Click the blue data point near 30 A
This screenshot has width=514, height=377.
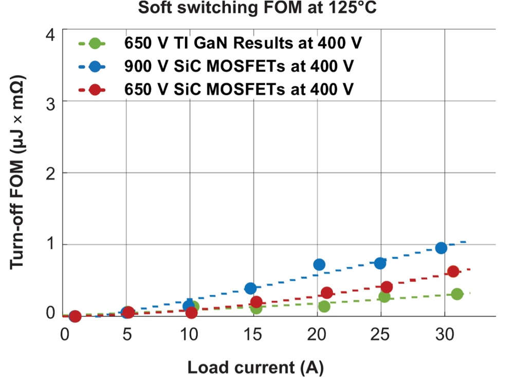441,248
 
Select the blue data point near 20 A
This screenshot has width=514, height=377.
319,264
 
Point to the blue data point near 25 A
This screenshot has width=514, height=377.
380,263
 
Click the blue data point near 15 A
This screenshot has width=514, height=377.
250,288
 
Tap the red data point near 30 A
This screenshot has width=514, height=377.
453,272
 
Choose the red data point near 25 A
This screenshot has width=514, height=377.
387,286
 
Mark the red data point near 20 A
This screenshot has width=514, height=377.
326,293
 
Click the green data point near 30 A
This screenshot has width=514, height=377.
457,294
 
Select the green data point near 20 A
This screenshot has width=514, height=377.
324,306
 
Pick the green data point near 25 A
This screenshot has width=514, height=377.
384,297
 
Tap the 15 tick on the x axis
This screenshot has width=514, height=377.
253,334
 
